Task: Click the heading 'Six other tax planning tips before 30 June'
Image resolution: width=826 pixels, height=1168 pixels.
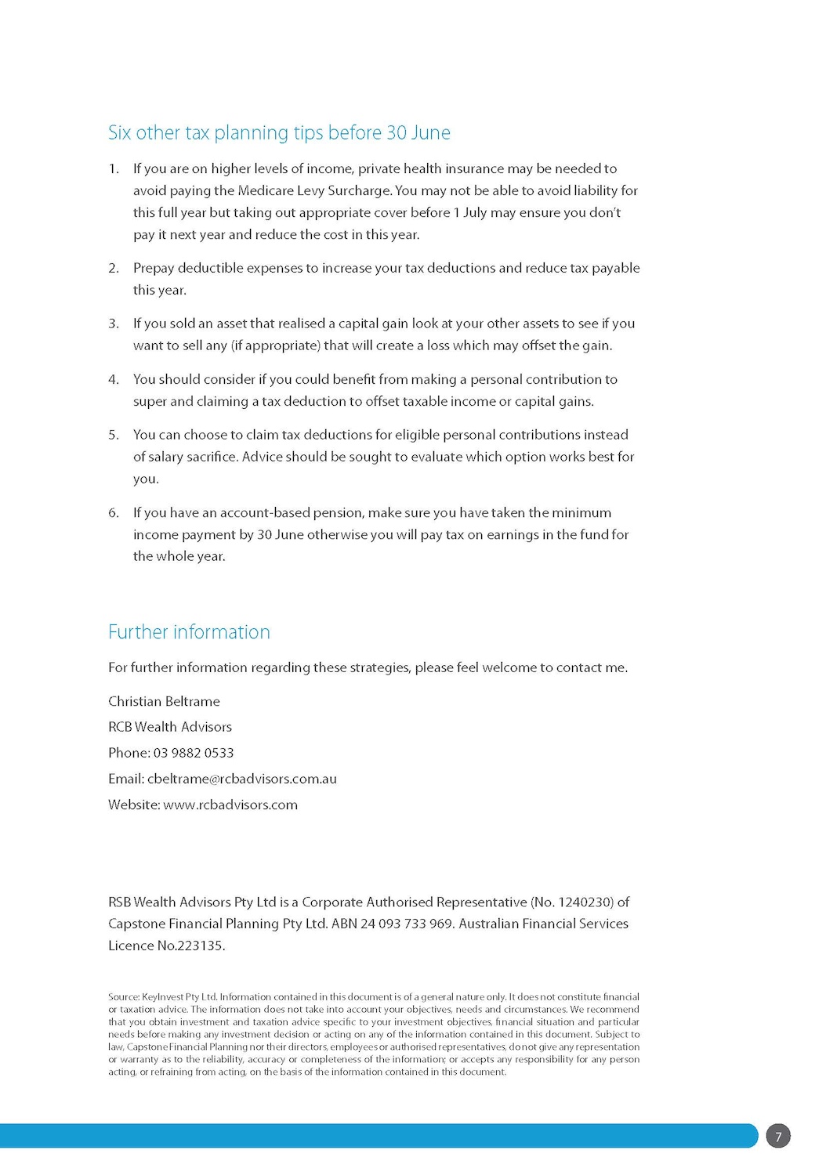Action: coord(279,133)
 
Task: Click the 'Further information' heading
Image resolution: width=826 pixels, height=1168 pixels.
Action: coord(189,632)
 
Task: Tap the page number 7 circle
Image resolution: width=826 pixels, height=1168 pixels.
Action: coord(777,1137)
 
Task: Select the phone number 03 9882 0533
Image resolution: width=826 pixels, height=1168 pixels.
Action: coord(194,753)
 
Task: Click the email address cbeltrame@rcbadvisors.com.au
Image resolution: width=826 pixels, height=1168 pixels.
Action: coord(241,779)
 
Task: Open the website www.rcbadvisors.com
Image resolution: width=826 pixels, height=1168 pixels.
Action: coord(230,805)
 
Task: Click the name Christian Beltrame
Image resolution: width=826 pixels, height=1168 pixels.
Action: coord(164,701)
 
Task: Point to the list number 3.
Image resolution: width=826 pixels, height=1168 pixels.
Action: coord(114,324)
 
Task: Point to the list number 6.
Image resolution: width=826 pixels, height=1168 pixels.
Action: coord(114,513)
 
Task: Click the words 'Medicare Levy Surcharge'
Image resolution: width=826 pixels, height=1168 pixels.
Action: coord(313,190)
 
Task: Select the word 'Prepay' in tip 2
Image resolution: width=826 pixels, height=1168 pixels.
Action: coord(154,268)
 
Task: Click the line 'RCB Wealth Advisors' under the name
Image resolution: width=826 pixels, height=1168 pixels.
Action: coord(170,727)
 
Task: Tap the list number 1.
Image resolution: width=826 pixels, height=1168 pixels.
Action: coord(114,168)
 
